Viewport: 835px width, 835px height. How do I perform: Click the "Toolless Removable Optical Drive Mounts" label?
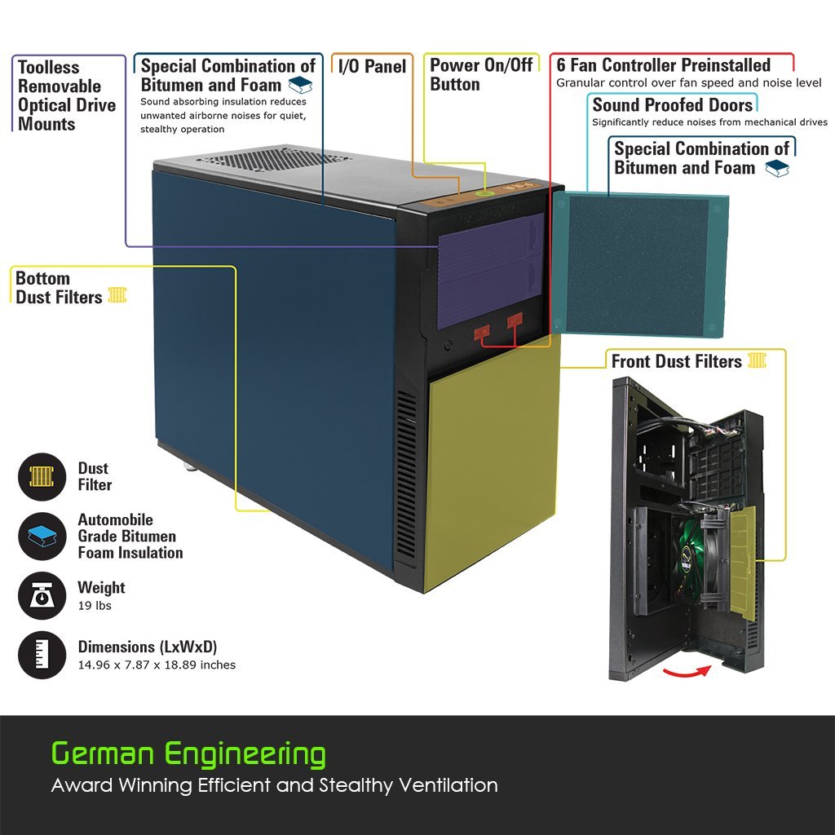click(x=67, y=95)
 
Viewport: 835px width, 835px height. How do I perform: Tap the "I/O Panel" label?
click(x=372, y=67)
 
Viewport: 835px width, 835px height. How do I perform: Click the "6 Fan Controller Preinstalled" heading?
click(x=663, y=65)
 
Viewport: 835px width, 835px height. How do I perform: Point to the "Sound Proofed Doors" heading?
click(x=672, y=105)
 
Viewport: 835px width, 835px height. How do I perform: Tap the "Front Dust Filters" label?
click(x=676, y=361)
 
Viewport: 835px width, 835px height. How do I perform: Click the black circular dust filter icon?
click(x=42, y=476)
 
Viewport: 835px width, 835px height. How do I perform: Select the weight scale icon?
click(x=42, y=596)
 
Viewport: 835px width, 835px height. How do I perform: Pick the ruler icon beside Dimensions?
click(x=42, y=655)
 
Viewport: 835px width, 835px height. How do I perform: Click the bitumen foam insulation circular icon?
click(x=42, y=536)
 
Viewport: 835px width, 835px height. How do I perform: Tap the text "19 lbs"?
click(x=95, y=606)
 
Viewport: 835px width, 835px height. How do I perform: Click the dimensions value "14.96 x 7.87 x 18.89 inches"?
click(x=157, y=665)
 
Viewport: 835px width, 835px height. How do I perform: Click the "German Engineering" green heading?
click(x=188, y=753)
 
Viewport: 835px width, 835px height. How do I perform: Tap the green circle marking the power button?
click(x=485, y=192)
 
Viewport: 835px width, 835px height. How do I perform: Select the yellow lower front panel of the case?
click(x=493, y=461)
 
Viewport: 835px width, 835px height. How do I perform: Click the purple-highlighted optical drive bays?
click(x=490, y=269)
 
